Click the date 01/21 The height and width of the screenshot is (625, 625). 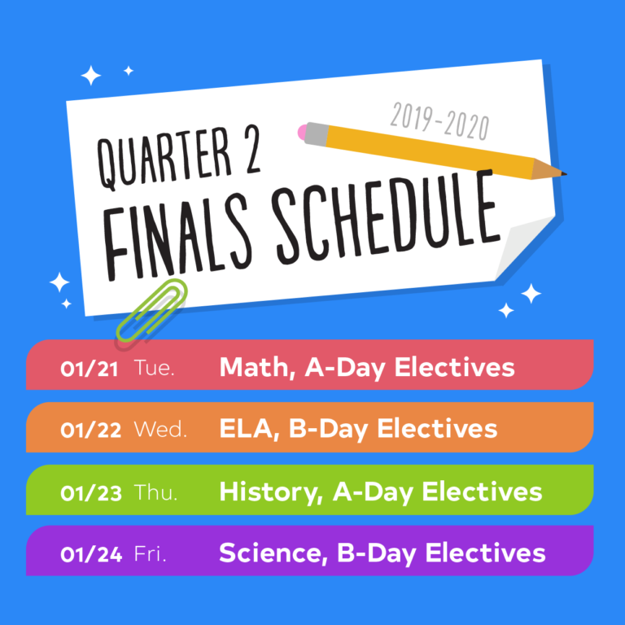[89, 369]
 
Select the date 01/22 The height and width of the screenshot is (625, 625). [90, 431]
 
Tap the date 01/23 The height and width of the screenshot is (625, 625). [91, 493]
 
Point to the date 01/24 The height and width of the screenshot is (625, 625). [91, 554]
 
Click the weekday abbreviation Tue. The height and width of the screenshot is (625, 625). [155, 368]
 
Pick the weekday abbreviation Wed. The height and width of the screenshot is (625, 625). [160, 430]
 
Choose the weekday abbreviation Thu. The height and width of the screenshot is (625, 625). [155, 492]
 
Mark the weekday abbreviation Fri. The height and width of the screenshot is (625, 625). [150, 553]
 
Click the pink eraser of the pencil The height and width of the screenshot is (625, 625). [303, 133]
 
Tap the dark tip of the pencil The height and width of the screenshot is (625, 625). [564, 173]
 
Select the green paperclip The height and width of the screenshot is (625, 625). [152, 311]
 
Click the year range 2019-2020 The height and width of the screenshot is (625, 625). [439, 121]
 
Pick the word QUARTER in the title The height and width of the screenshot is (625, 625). [164, 160]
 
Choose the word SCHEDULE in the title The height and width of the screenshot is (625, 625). [387, 217]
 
